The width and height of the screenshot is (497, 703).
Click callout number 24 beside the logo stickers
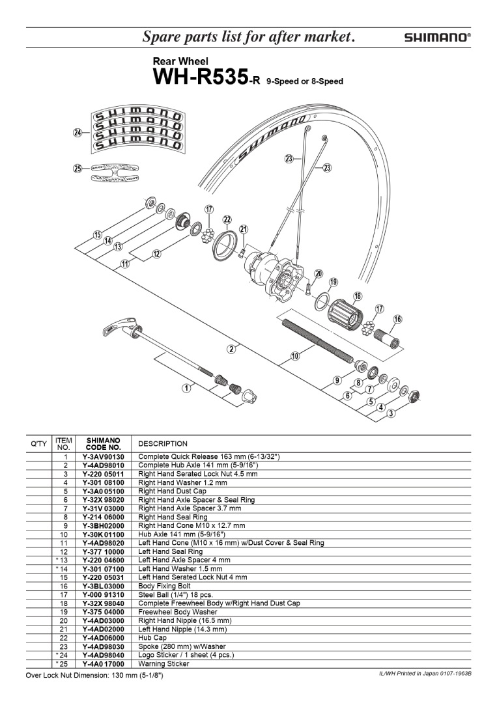pos(78,132)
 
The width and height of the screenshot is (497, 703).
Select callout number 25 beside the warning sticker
pos(78,169)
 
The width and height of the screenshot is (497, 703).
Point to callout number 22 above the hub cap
pos(227,219)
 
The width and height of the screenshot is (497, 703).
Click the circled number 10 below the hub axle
pos(295,355)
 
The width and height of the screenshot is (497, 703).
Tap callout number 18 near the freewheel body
pos(357,296)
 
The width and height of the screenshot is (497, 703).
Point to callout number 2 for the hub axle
pos(231,349)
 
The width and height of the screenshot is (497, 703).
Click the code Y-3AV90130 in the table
pos(104,458)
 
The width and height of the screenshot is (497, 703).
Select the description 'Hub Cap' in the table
pos(154,638)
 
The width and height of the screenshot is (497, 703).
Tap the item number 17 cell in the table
pos(64,595)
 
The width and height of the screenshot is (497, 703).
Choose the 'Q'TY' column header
pos(39,444)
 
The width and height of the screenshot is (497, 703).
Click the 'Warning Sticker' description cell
pos(164,664)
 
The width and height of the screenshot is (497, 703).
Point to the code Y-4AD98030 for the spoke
pos(104,646)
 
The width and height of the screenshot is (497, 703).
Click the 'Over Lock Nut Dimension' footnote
pos(94,676)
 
